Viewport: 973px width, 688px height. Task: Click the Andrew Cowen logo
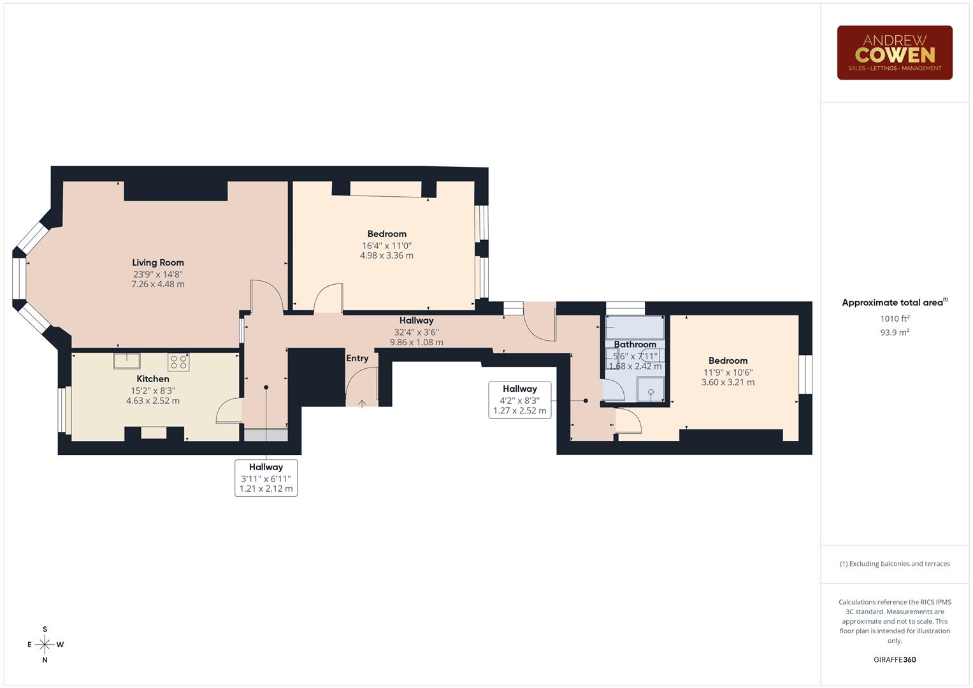coord(894,52)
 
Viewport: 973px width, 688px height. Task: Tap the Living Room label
coord(158,262)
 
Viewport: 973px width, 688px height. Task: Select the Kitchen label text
coord(153,379)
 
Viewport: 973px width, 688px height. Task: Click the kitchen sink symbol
coord(127,361)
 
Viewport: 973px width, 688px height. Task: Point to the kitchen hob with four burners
coord(179,362)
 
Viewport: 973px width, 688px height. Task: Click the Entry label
coord(357,359)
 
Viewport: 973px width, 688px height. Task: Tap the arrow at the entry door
coord(362,403)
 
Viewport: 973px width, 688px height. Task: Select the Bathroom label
coord(635,345)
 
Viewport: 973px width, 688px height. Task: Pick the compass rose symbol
coord(45,645)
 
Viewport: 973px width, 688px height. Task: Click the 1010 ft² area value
coord(895,319)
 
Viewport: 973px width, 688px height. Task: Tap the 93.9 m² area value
coord(895,333)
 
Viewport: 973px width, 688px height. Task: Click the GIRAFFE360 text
coord(895,660)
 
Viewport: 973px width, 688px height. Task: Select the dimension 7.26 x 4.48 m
coord(158,284)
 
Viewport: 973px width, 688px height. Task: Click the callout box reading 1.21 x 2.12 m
coord(266,478)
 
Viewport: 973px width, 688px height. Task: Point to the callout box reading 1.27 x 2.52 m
coord(520,400)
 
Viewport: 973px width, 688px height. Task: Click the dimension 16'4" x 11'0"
coord(387,245)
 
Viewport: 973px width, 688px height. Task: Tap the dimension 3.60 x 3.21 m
coord(728,382)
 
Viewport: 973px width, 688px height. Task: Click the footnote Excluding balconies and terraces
coord(895,564)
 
